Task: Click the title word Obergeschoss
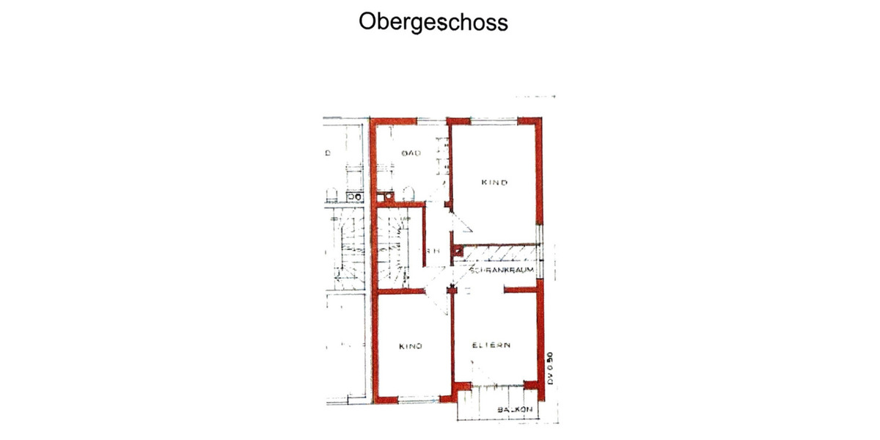[433, 22]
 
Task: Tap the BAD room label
[409, 153]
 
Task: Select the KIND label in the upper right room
[494, 183]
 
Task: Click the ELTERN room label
[491, 345]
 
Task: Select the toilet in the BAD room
[408, 194]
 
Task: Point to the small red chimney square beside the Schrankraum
[458, 252]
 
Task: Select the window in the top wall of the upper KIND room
[494, 119]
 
